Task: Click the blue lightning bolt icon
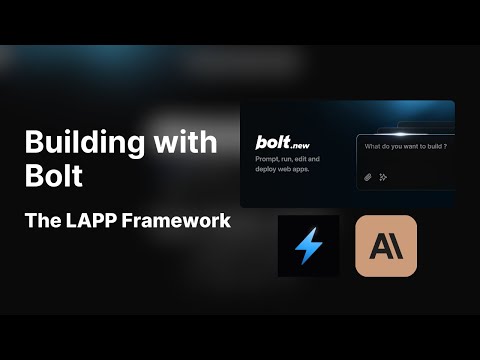click(308, 246)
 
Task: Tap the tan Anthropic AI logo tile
click(386, 246)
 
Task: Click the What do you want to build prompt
click(404, 147)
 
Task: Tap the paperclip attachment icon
click(368, 177)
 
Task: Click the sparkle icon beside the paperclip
click(383, 177)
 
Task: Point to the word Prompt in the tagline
click(269, 159)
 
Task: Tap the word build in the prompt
click(432, 147)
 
